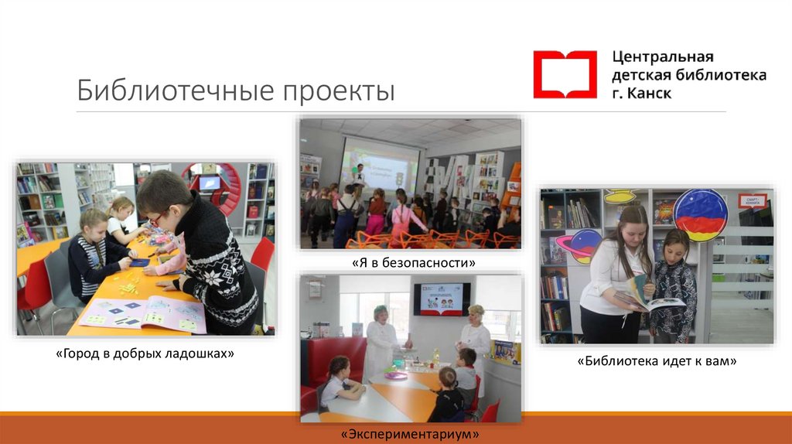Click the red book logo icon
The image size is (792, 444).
[565, 74]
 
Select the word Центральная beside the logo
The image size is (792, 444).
[663, 57]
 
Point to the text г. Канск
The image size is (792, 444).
[642, 94]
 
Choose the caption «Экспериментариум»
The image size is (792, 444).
[410, 434]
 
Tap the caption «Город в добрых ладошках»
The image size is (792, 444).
[145, 353]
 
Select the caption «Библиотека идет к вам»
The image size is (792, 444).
[657, 360]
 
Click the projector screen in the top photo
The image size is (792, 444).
[378, 164]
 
